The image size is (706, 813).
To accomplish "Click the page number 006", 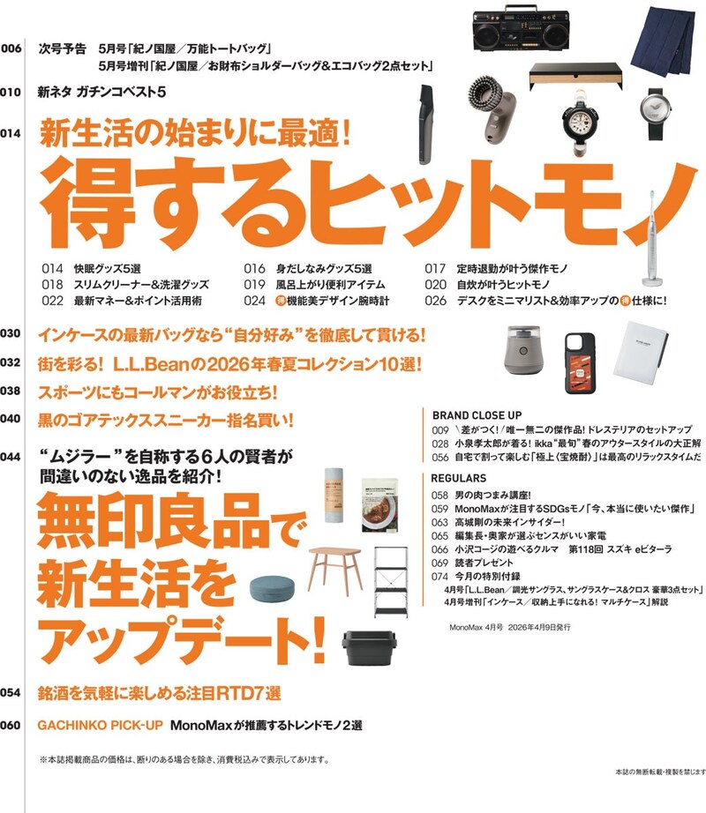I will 11,48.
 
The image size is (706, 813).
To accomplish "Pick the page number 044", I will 11,457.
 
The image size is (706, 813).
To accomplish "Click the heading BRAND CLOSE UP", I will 477,414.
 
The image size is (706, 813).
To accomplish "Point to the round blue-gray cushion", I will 275,591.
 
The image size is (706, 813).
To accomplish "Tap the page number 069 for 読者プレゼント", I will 440,562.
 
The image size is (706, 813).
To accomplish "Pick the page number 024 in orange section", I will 255,301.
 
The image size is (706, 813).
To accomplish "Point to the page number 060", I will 11,725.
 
